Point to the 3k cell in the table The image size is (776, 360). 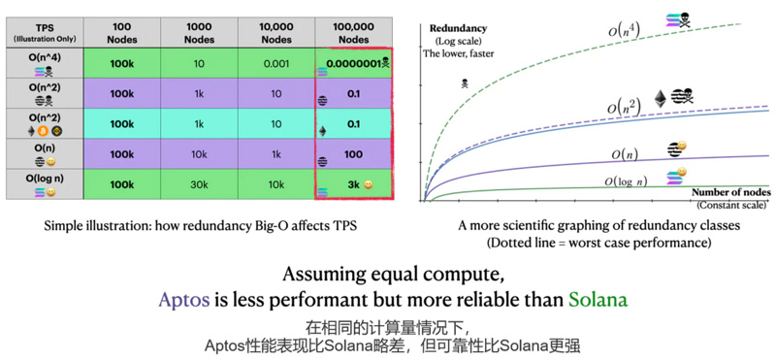tap(351, 183)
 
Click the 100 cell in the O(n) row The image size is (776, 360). tap(351, 153)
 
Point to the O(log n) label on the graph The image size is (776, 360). tap(626, 180)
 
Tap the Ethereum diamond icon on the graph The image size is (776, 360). tap(663, 98)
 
